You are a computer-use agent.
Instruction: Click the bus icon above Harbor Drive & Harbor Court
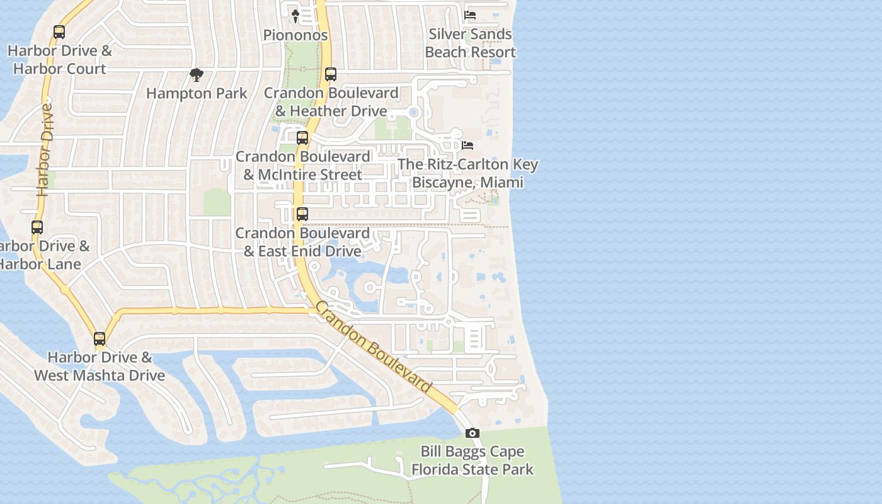tap(59, 32)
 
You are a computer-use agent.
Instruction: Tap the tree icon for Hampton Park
tap(197, 76)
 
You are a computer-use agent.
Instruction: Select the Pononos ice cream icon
tap(295, 16)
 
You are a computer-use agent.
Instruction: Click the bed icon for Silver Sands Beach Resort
tap(470, 15)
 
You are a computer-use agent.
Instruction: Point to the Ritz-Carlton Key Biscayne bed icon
tap(467, 146)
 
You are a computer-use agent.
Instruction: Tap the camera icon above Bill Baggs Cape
tap(472, 433)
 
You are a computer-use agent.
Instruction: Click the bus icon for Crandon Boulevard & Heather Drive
tap(331, 74)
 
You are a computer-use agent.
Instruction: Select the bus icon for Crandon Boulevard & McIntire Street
tap(302, 138)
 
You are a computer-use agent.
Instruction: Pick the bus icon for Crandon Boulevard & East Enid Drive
tap(302, 214)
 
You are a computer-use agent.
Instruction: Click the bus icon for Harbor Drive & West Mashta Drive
tap(100, 339)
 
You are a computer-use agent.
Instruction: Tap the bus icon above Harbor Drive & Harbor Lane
tap(37, 227)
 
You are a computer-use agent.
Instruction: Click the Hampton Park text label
tap(197, 94)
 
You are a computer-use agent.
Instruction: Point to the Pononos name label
tap(295, 35)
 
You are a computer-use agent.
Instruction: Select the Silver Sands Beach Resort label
tap(470, 43)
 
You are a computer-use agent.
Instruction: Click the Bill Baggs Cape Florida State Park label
tap(472, 461)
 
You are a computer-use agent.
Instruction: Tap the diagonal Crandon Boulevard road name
tap(373, 347)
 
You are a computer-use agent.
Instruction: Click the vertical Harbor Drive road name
tap(44, 150)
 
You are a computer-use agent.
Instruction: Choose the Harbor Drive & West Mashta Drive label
tap(100, 367)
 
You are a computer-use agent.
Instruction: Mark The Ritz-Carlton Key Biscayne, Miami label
tap(468, 173)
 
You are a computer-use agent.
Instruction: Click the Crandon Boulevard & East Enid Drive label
tap(302, 242)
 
